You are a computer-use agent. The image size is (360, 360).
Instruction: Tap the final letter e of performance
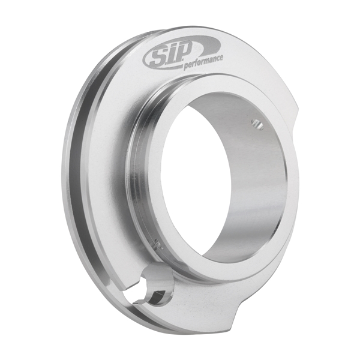[x=222, y=58]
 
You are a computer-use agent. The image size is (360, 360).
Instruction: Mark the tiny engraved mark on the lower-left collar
[x=158, y=243]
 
